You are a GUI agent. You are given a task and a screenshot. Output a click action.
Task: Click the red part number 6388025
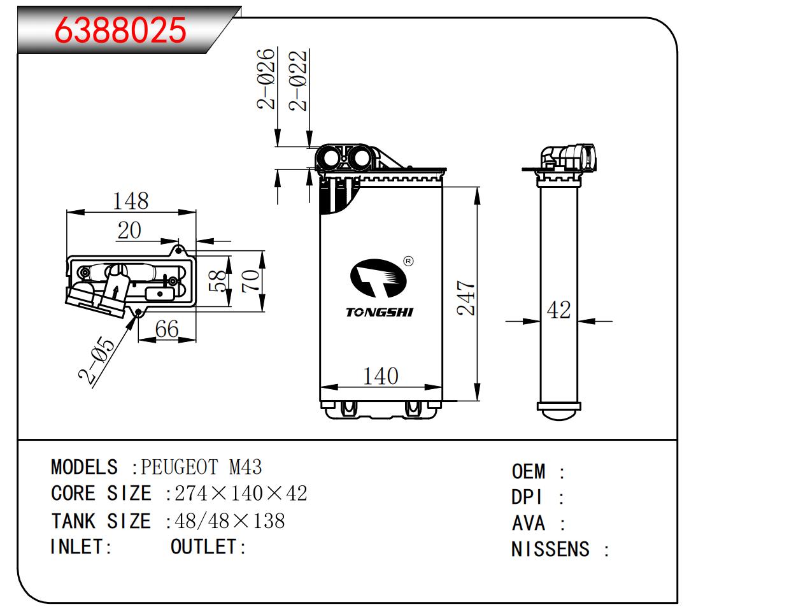[120, 30]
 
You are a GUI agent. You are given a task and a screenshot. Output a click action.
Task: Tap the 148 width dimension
[130, 201]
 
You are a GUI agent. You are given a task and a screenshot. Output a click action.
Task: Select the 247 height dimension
[467, 298]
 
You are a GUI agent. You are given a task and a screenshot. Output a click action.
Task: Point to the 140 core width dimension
[380, 376]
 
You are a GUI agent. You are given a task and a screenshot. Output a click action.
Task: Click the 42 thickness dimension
[558, 310]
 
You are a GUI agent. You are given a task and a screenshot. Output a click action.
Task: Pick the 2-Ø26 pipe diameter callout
[266, 78]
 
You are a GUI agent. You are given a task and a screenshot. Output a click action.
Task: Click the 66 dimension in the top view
[167, 329]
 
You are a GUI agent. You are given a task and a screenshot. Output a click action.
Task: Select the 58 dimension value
[218, 281]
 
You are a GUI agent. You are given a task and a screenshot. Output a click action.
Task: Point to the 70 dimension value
[252, 280]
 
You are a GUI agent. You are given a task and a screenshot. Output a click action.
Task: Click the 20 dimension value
[129, 230]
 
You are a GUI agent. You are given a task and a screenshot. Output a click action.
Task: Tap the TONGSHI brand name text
[380, 312]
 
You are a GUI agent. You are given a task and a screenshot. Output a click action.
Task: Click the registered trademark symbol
[408, 261]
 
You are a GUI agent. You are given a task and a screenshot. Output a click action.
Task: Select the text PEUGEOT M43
[201, 467]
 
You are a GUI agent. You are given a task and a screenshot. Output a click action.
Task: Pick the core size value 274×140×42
[241, 493]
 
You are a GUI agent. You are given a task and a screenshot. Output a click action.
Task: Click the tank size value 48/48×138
[229, 521]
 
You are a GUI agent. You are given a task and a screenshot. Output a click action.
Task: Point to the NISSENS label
[550, 549]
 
